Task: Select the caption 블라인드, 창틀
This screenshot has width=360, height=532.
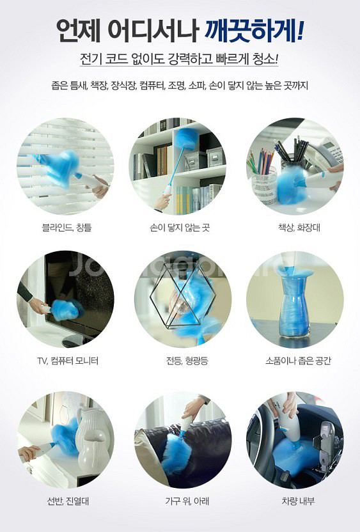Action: pyautogui.click(x=67, y=227)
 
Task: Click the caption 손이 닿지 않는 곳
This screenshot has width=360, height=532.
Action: pyautogui.click(x=180, y=227)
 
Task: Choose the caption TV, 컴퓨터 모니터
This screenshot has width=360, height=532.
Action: pyautogui.click(x=68, y=361)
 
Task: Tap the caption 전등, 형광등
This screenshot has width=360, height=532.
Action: pyautogui.click(x=187, y=361)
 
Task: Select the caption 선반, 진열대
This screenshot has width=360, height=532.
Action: pyautogui.click(x=68, y=501)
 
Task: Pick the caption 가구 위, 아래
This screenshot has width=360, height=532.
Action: pyautogui.click(x=187, y=501)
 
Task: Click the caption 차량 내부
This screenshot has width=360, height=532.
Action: pyautogui.click(x=298, y=501)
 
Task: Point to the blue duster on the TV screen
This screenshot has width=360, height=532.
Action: pyautogui.click(x=67, y=309)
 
